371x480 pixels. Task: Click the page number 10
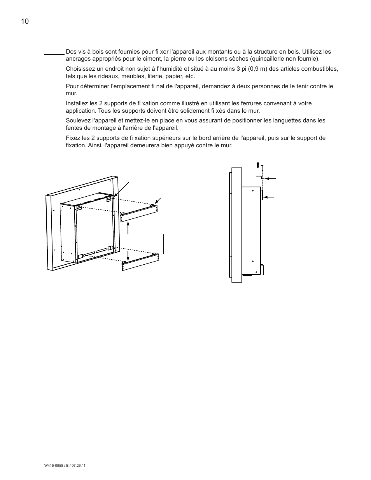[24, 21]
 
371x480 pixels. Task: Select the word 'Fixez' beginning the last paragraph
[73, 138]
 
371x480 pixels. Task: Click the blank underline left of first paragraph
[54, 54]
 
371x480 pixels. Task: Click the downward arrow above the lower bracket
[128, 255]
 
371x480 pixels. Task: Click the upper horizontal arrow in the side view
[270, 178]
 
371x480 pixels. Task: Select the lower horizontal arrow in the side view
[269, 197]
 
